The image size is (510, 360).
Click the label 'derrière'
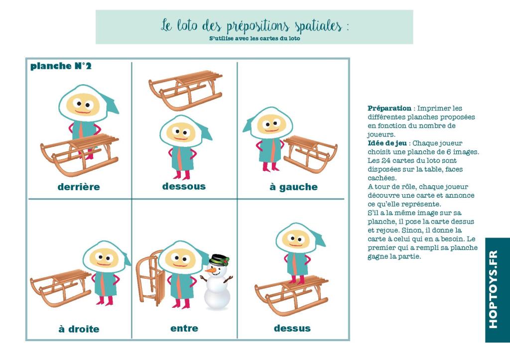(79, 187)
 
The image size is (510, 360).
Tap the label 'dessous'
(184, 186)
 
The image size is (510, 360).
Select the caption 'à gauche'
(294, 187)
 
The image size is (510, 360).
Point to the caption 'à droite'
(79, 329)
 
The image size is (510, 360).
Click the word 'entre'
(184, 328)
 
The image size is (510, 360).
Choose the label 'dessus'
(292, 328)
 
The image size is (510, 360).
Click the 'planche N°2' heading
(61, 66)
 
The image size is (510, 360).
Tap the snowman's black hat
(219, 260)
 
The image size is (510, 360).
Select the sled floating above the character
(186, 90)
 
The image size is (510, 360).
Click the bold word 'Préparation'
(389, 108)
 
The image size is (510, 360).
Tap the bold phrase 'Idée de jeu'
(387, 143)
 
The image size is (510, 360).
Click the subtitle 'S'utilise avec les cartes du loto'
(255, 38)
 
